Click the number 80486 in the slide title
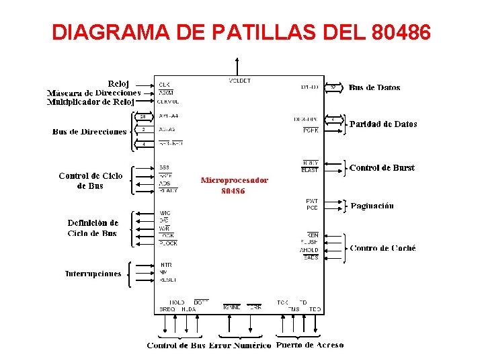pos(401,32)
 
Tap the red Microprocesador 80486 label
pos(234,185)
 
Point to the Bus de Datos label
pos(374,87)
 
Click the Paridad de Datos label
pos(383,124)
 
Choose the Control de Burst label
pos(382,168)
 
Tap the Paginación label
pos(372,206)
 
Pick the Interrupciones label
pos(93,274)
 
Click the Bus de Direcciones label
pos(89,132)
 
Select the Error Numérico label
pos(240,346)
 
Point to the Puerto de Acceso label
pos(310,346)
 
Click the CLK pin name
pos(164,85)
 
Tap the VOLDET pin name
pos(239,81)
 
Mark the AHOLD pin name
pos(309,251)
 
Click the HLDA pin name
pos(188,309)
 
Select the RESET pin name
pos(168,280)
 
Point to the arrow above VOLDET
pos(237,66)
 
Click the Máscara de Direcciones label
pos(93,93)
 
